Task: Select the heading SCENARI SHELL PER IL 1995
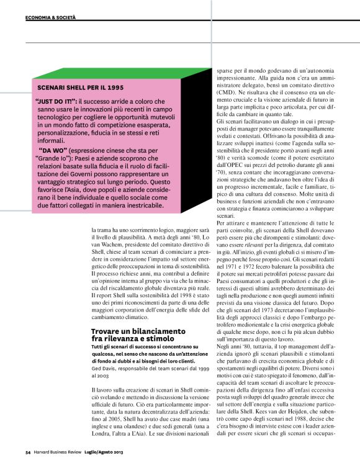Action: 74,88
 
